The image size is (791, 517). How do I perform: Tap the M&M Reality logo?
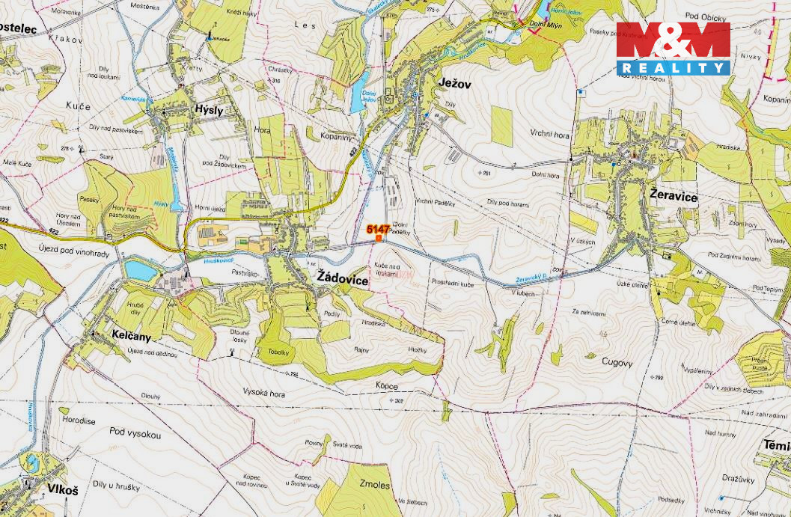[x=673, y=49]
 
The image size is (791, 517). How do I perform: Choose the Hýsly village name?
[x=209, y=108]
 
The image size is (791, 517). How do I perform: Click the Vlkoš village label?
[x=62, y=489]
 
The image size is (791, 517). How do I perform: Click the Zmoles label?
[x=374, y=485]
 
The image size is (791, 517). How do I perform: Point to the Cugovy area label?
[x=617, y=362]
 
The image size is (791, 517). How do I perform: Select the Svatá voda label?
[x=347, y=446]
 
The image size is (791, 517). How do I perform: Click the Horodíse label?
[x=79, y=421]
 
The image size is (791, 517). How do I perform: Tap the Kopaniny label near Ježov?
[x=334, y=138]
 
